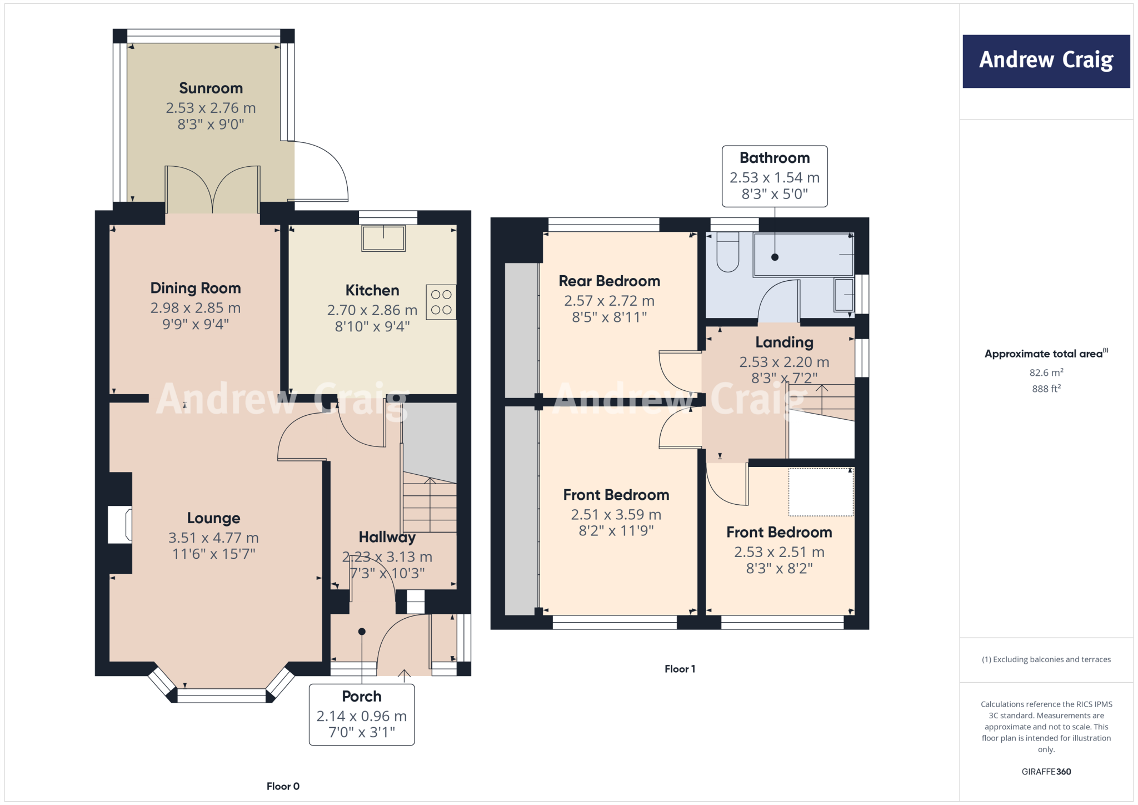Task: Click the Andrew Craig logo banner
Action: coord(1046,61)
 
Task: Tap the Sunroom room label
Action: coord(211,88)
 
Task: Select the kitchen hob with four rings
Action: coord(441,302)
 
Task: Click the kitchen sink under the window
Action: coord(383,238)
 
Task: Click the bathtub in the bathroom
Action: coord(803,255)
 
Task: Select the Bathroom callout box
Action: coord(775,176)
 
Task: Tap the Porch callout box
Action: coord(362,714)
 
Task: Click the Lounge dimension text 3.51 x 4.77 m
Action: coord(213,538)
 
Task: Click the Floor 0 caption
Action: coord(283,786)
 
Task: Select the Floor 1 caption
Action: coord(680,669)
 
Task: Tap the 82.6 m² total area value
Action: coord(1046,372)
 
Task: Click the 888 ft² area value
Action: coord(1046,389)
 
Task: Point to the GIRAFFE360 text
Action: coord(1046,772)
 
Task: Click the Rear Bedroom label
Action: coord(609,281)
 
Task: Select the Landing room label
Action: coord(784,342)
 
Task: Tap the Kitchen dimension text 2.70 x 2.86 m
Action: coord(372,310)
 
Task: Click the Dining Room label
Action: coord(196,288)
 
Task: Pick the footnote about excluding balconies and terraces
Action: coord(1046,659)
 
